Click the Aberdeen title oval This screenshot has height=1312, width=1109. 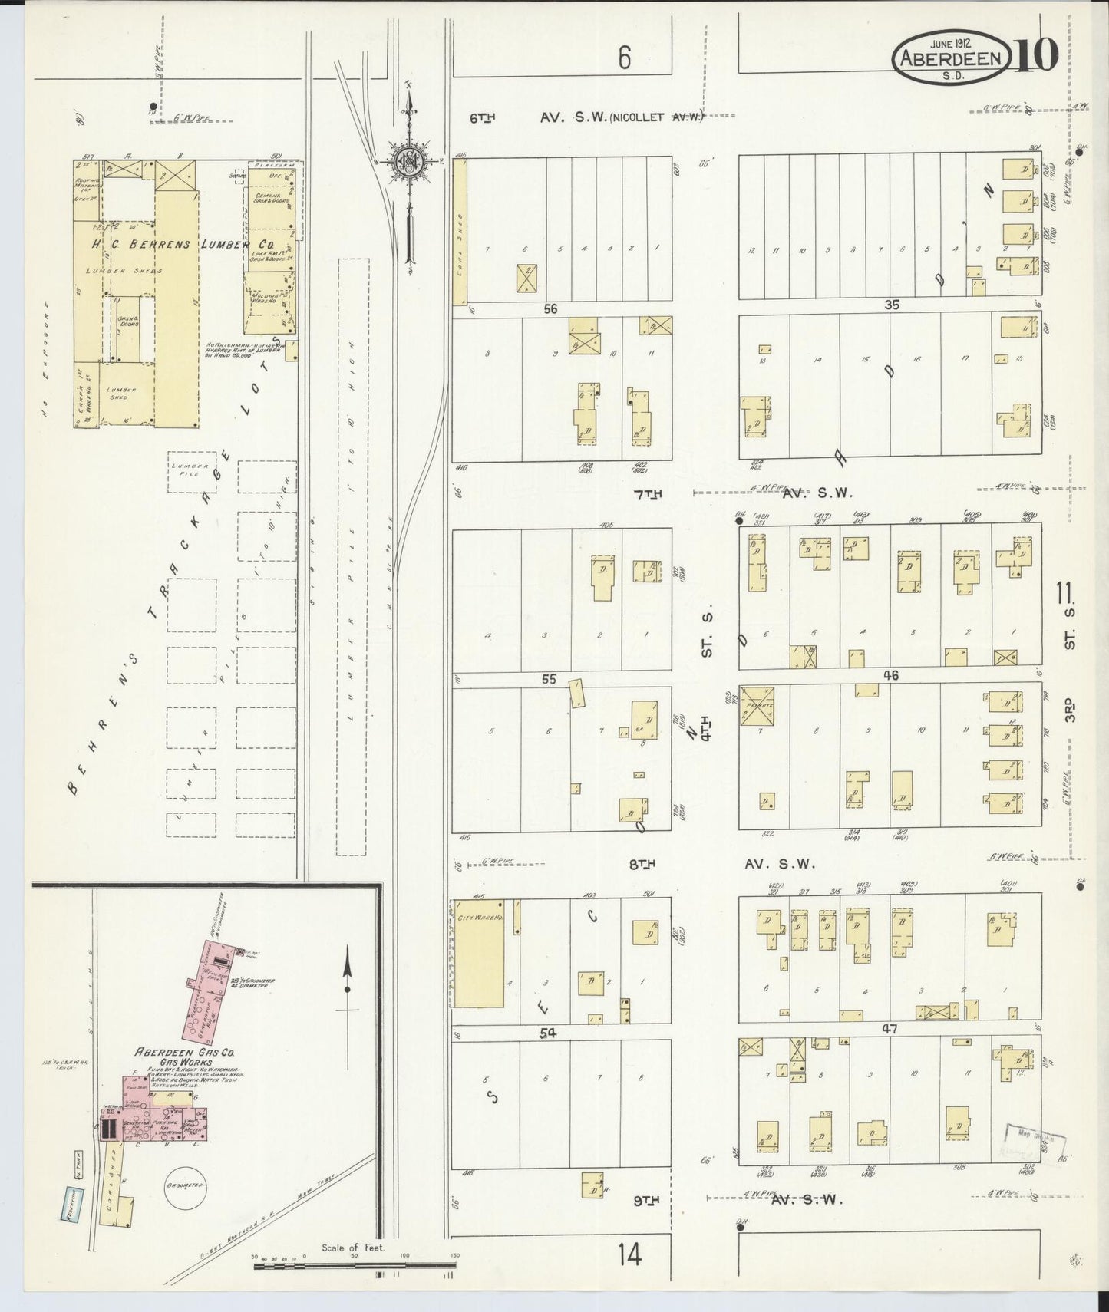[949, 58]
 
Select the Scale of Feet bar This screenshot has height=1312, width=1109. [355, 1262]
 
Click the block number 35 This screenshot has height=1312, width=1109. [891, 305]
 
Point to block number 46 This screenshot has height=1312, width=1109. [891, 676]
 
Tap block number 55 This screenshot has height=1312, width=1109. [549, 679]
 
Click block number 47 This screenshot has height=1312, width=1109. [890, 1029]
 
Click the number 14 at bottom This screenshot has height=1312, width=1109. [629, 1255]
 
